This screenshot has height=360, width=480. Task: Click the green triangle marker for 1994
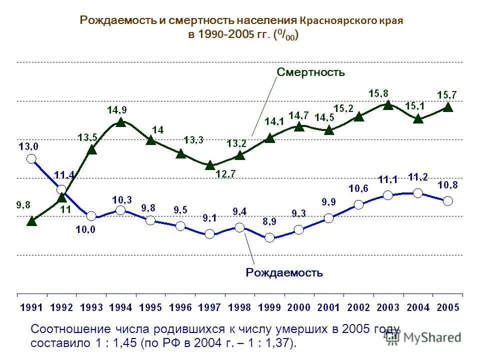pyautogui.click(x=120, y=121)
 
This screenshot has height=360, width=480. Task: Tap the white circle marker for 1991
pyautogui.click(x=31, y=159)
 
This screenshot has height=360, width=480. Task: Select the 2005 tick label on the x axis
pyautogui.click(x=447, y=307)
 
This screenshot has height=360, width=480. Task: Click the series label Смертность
pyautogui.click(x=311, y=72)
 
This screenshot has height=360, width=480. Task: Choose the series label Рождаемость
pyautogui.click(x=284, y=273)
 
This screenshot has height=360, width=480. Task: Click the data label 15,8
pyautogui.click(x=378, y=93)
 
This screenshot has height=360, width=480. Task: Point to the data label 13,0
pyautogui.click(x=28, y=146)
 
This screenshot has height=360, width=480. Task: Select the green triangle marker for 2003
pyautogui.click(x=388, y=104)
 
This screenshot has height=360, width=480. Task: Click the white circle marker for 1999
pyautogui.click(x=269, y=237)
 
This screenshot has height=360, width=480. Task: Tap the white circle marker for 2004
pyautogui.click(x=418, y=193)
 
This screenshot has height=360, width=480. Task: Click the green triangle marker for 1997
pyautogui.click(x=210, y=164)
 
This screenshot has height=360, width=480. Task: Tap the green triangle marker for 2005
pyautogui.click(x=448, y=106)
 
